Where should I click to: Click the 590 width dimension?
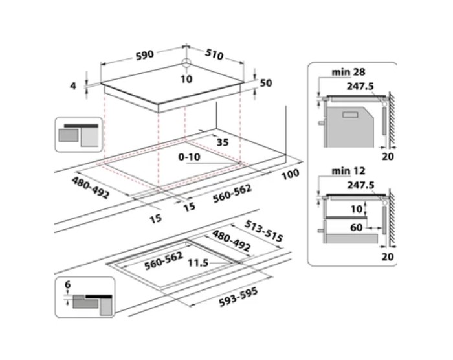[x=144, y=55]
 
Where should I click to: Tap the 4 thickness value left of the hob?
[x=74, y=85]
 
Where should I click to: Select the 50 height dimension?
[x=267, y=83]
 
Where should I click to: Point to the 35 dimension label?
[x=223, y=142]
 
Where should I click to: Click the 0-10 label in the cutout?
[x=190, y=157]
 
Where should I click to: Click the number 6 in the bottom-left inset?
[x=69, y=284]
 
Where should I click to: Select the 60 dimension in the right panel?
[x=357, y=227]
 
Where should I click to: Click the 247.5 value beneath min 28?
[x=361, y=85]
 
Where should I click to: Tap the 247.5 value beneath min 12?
[x=361, y=185]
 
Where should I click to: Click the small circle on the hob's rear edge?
[x=186, y=63]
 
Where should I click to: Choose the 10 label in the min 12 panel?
[x=357, y=209]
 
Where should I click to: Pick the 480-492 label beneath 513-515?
[x=232, y=242]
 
